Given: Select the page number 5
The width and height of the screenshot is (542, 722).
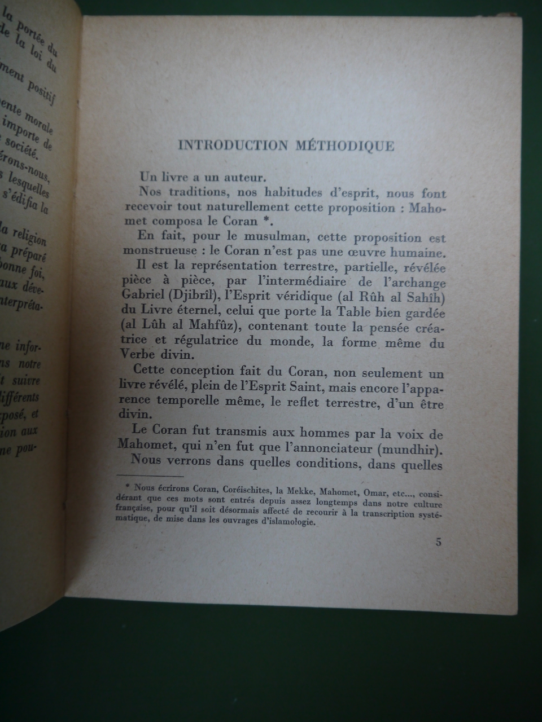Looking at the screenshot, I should (x=439, y=543).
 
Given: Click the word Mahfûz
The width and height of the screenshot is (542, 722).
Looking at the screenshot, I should (x=208, y=327).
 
